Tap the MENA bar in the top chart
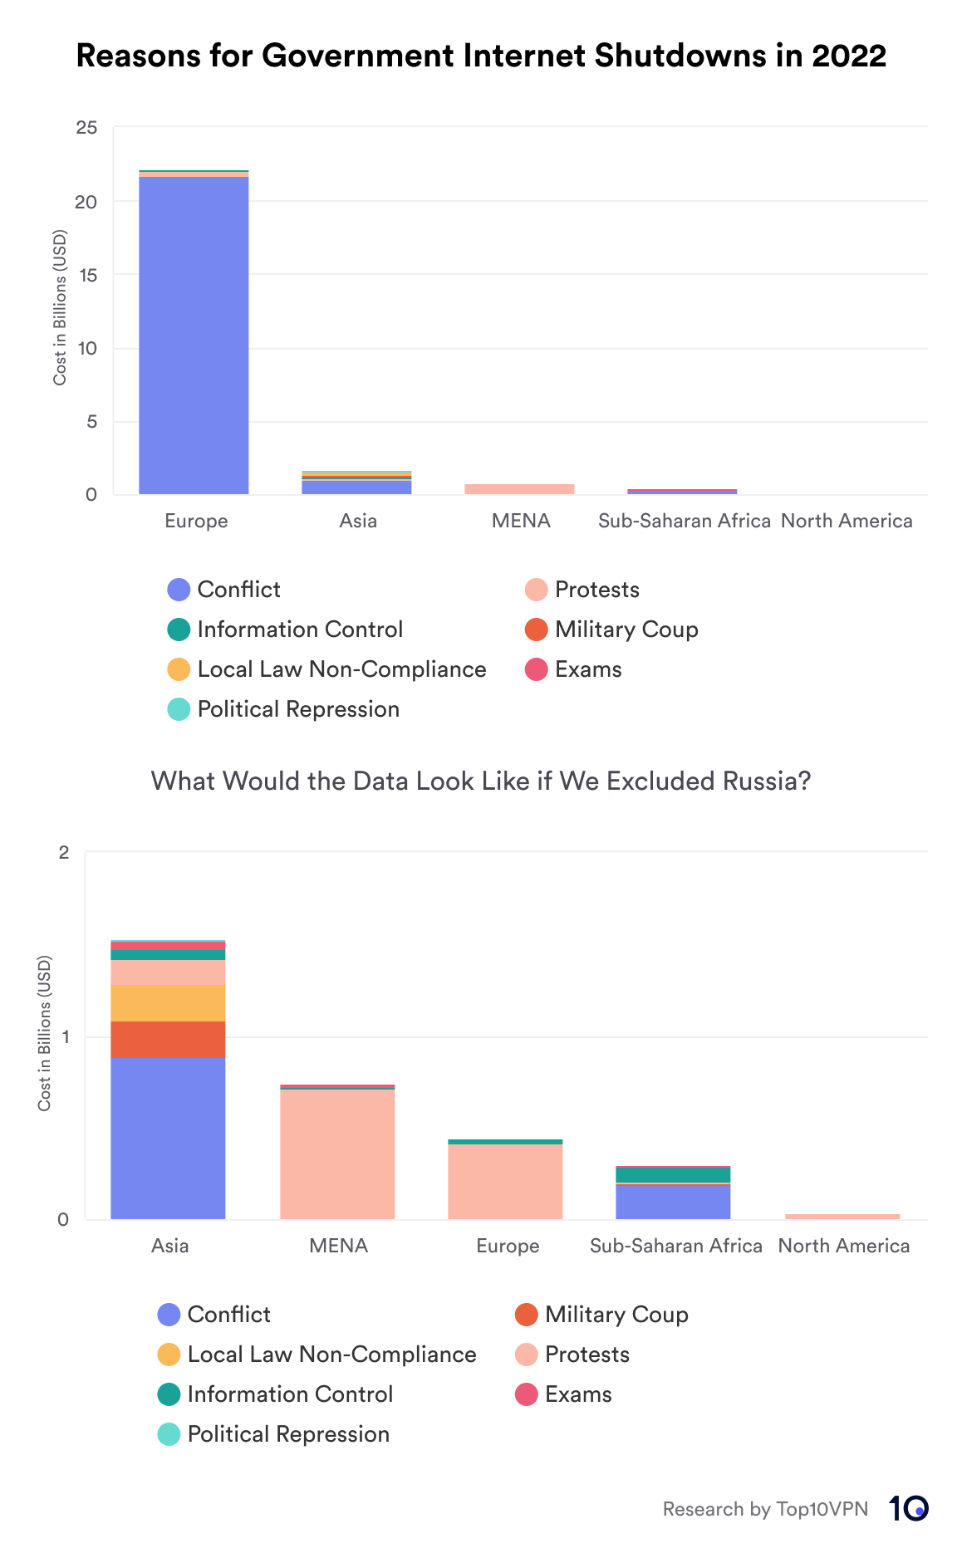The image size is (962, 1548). tap(519, 489)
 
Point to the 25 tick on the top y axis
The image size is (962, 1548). tap(86, 128)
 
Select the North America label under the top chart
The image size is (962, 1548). tap(847, 521)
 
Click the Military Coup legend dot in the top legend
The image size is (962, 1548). tap(536, 629)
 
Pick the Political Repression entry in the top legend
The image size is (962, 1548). tap(297, 709)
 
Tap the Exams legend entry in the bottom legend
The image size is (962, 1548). tap(577, 1394)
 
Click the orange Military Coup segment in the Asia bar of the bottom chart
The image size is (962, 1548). tap(168, 1039)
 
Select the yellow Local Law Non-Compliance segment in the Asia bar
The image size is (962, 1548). tap(168, 1002)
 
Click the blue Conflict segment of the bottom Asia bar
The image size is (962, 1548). tap(168, 1138)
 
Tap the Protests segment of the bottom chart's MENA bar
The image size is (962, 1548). tap(337, 1154)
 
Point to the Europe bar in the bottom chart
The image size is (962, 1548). tap(505, 1181)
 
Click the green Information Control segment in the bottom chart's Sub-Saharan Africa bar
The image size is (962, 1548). tap(673, 1174)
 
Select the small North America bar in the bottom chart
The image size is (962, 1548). tap(842, 1217)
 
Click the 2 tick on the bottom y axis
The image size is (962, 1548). tap(64, 853)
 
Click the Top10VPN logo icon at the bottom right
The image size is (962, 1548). tap(908, 1508)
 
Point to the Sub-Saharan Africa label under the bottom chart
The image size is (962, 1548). tap(675, 1246)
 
